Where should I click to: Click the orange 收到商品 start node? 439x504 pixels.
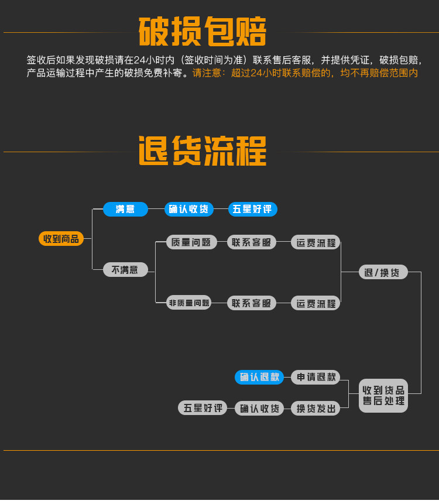point(61,238)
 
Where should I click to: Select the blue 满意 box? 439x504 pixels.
point(125,209)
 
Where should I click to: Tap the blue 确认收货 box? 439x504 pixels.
point(188,209)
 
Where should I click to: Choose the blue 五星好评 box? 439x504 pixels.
point(252,209)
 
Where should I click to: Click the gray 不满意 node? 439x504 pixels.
point(125,269)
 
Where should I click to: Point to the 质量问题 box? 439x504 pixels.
point(191,242)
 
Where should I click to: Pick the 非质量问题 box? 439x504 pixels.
point(188,303)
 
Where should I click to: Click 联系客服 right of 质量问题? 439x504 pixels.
point(251,242)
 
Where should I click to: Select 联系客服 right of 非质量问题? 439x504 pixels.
point(251,303)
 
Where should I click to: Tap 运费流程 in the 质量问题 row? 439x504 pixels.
point(315,242)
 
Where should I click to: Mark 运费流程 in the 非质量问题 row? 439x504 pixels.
point(315,303)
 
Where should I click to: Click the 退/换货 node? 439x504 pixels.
point(383,272)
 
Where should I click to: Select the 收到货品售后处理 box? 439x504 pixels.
point(383,396)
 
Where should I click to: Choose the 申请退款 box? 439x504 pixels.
point(315,377)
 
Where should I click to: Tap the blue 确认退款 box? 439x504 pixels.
point(259,377)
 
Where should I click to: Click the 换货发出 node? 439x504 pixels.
point(315,408)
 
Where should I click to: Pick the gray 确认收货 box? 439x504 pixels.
point(259,408)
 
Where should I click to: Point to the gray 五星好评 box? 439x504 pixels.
point(203,408)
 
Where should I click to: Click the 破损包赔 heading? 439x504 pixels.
point(203,32)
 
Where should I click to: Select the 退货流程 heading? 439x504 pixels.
point(203,150)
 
